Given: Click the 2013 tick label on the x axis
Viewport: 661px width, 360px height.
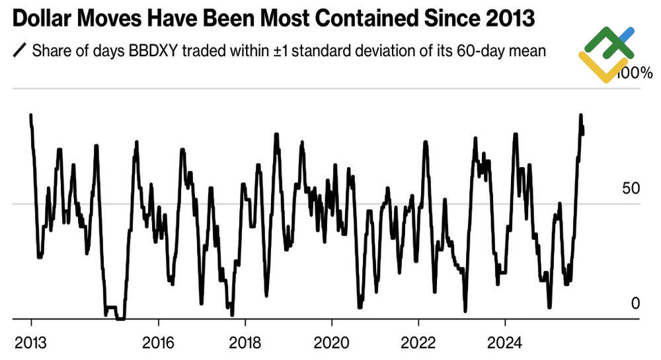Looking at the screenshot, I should tap(31, 343).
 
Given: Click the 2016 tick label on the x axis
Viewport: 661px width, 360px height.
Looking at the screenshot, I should tap(158, 343).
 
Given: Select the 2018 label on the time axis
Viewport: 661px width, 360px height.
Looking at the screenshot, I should tap(245, 343).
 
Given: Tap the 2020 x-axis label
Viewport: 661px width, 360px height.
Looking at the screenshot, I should tap(331, 343).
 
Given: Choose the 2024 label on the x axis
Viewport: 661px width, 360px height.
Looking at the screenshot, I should tap(505, 343).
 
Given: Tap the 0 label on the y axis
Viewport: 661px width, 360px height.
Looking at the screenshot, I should tap(636, 303).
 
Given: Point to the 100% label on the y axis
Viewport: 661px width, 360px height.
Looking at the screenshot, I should tap(637, 73).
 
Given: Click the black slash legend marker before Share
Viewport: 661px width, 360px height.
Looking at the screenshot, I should tap(19, 50).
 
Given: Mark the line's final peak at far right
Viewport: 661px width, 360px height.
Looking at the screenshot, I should tap(581, 115).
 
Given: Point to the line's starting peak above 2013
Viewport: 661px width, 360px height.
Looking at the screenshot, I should tap(31, 115).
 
